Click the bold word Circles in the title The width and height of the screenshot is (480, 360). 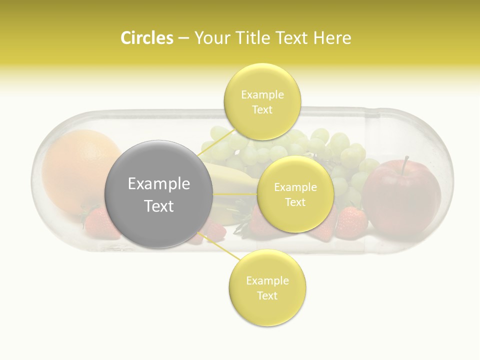[x=146, y=38]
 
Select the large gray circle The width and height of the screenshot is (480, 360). [x=158, y=194]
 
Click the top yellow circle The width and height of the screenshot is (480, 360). [x=262, y=101]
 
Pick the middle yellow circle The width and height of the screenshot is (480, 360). [x=295, y=194]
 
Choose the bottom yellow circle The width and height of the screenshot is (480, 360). [x=267, y=288]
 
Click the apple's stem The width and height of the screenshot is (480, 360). [x=405, y=162]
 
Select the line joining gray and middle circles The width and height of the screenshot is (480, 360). [x=235, y=194]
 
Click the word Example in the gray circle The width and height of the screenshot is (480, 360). [x=158, y=184]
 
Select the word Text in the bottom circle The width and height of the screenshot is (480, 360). [x=267, y=295]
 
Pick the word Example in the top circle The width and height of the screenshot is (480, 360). [x=262, y=94]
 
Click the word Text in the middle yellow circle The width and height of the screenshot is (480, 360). [x=295, y=202]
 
